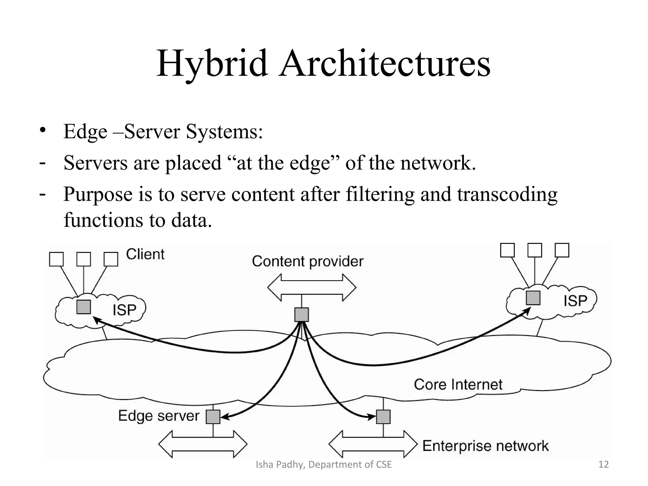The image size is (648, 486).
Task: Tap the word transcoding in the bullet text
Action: coord(507,194)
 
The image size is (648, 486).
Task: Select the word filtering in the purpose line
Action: coord(380,194)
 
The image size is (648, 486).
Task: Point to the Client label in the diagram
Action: coord(145,254)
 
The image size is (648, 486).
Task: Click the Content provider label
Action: coord(308,261)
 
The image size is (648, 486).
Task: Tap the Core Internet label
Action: coord(458,384)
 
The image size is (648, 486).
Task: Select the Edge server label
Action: coord(159,416)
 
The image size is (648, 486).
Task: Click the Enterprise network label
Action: coord(485,446)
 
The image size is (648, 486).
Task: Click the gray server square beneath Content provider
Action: coord(302,315)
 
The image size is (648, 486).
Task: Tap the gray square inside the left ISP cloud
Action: coord(84,307)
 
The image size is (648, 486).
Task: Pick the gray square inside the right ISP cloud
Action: coord(533,298)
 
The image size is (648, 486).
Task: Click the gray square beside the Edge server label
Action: coord(213,417)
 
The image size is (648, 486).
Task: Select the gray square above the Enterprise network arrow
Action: coord(383,417)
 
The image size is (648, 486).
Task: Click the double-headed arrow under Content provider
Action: coord(312,288)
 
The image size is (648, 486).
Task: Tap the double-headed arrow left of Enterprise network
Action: coord(373,444)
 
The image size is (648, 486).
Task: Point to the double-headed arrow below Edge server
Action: coord(203,444)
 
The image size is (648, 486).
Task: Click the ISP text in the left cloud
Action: coord(124,310)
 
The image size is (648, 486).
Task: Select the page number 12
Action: coord(604,464)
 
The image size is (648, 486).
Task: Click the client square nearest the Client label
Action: coord(111,259)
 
